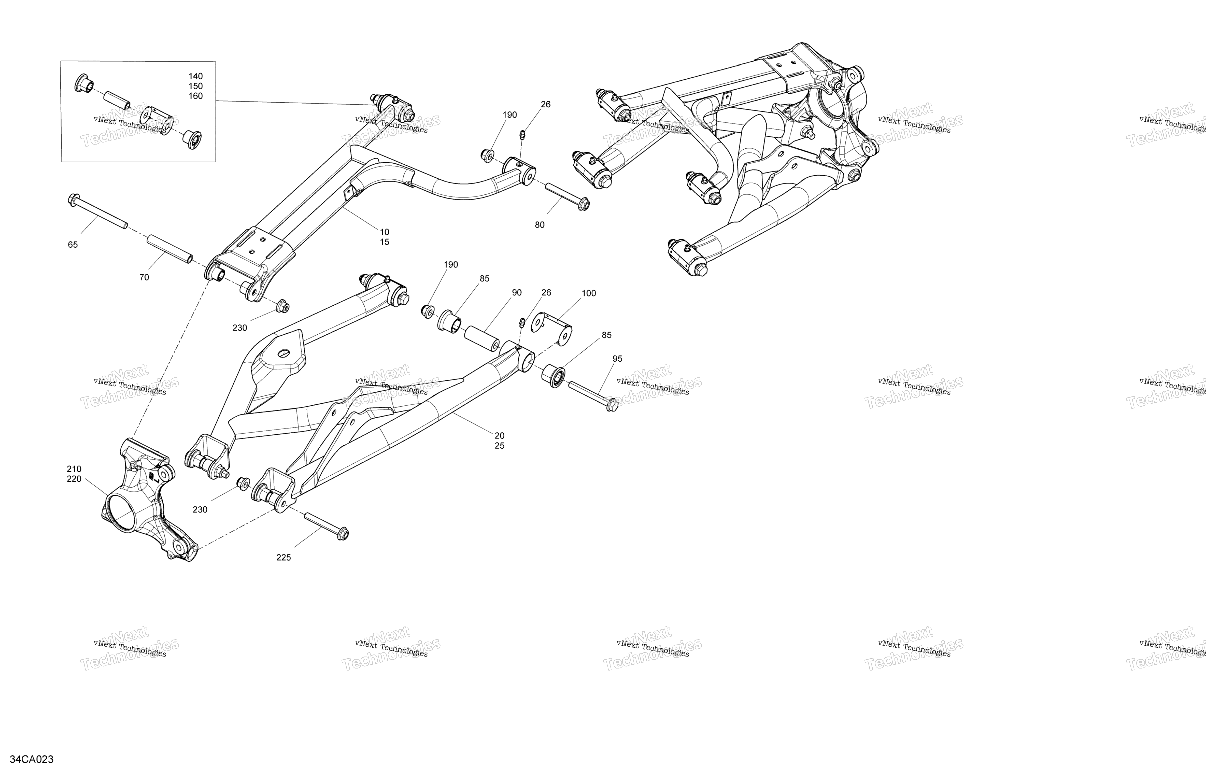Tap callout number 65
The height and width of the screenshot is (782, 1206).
[x=73, y=245]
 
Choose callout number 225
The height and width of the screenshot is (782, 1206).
[x=284, y=558]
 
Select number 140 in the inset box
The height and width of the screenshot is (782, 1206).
[x=196, y=77]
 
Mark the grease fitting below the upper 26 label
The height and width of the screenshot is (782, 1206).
[x=521, y=134]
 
